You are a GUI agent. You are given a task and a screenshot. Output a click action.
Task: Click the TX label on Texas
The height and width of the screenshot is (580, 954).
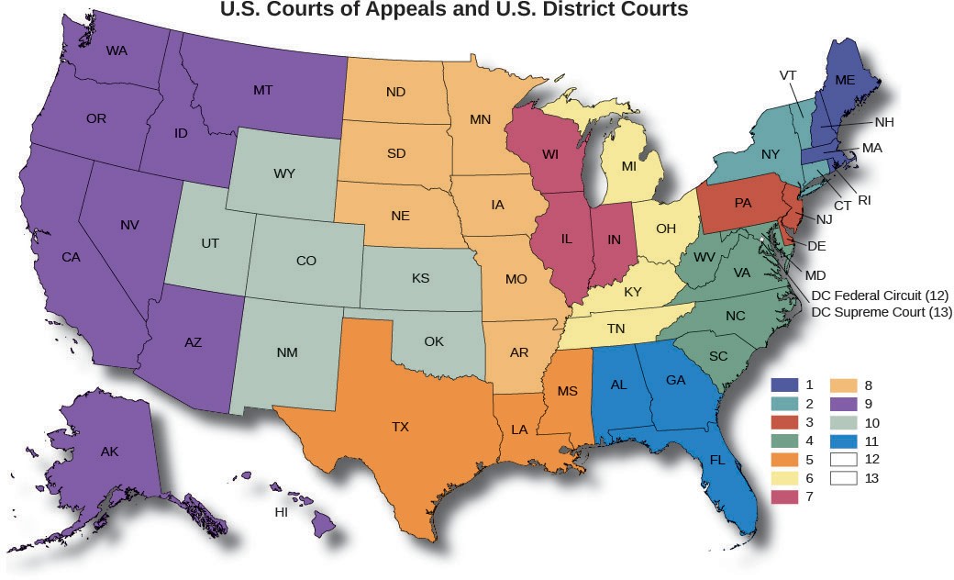tap(400, 427)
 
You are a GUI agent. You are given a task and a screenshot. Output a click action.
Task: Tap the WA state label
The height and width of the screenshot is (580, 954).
tap(116, 50)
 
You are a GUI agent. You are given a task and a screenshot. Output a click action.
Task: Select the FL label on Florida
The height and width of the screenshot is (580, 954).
tap(717, 460)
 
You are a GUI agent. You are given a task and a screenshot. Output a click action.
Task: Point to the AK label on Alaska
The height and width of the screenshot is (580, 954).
tap(109, 451)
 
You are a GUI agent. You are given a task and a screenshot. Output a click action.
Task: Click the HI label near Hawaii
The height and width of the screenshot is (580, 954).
tap(282, 511)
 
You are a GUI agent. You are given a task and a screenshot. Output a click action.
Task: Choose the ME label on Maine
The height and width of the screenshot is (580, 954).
tap(845, 81)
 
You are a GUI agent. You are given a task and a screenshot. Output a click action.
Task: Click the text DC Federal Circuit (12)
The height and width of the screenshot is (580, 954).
tap(881, 296)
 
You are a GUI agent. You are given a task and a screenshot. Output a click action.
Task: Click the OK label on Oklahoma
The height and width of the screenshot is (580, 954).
tap(434, 341)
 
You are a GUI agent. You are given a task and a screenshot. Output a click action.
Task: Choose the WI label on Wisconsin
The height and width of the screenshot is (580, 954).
tap(550, 154)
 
